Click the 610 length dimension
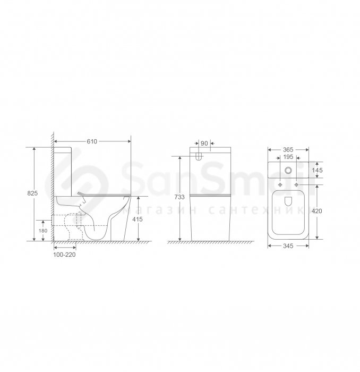(92, 141)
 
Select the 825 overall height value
(32, 193)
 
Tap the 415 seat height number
(138, 219)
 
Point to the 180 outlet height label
(43, 231)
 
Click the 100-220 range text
(64, 255)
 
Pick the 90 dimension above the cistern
(204, 143)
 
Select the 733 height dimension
(179, 197)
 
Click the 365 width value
(288, 150)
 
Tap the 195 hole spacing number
(288, 157)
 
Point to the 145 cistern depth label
(317, 170)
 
